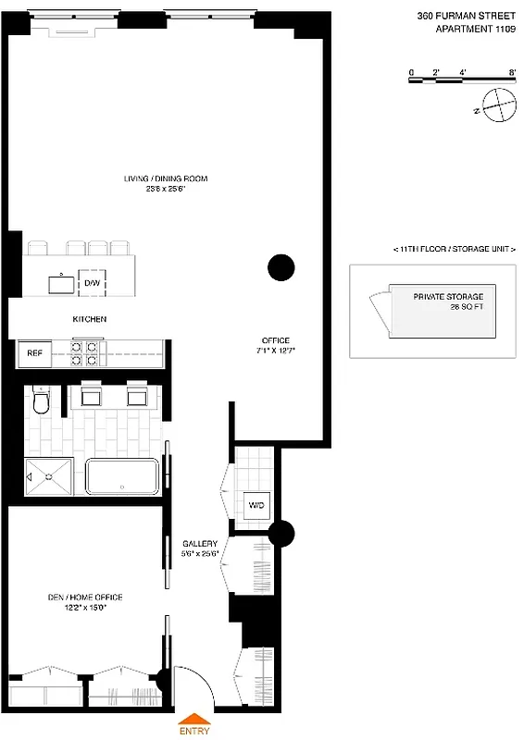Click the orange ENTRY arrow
[193, 719]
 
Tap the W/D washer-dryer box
[256, 505]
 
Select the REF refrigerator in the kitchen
[33, 352]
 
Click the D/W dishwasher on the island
[92, 281]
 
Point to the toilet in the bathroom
[40, 402]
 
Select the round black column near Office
[281, 268]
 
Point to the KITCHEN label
[90, 319]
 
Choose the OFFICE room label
[275, 340]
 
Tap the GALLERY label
[200, 544]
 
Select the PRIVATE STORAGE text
[448, 296]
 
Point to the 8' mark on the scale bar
[512, 72]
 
